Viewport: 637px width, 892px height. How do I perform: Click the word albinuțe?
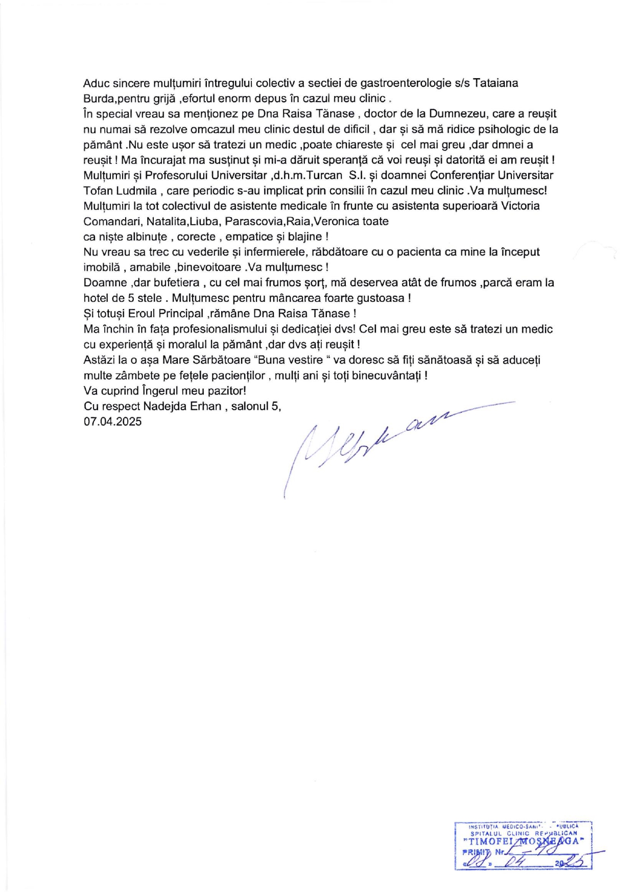(147, 237)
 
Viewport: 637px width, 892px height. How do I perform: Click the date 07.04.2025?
(113, 421)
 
